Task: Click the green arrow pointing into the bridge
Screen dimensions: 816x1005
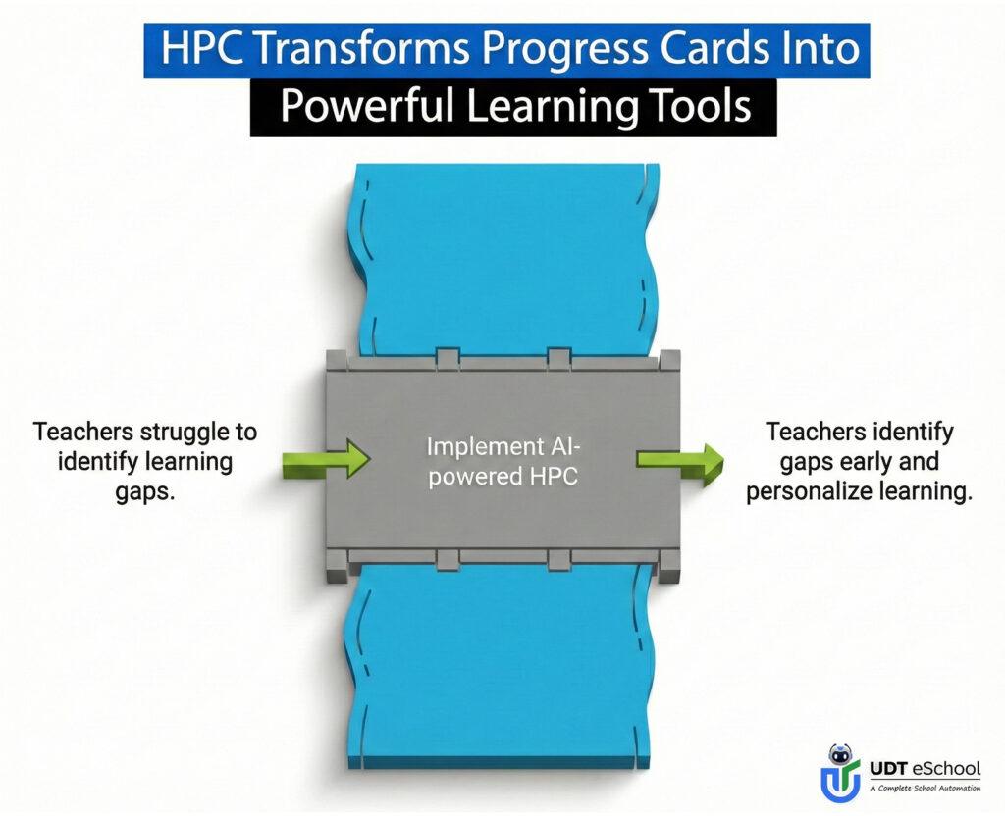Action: (x=325, y=458)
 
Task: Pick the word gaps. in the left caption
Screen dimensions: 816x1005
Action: (x=144, y=491)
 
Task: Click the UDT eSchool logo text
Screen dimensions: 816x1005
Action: (x=924, y=767)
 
